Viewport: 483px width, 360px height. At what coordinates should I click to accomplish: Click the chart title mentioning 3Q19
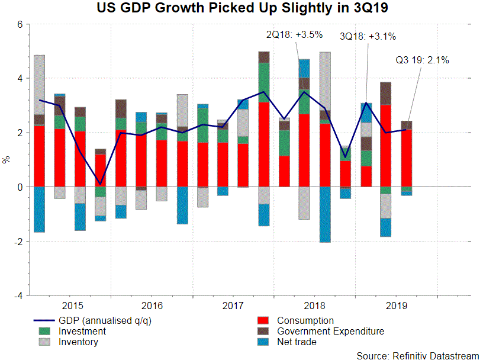pos(241,9)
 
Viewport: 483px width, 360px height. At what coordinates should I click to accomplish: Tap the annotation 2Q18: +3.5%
pos(295,34)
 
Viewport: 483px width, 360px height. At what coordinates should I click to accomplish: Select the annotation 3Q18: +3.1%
pos(367,37)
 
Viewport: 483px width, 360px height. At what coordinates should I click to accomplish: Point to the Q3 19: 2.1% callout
pos(422,60)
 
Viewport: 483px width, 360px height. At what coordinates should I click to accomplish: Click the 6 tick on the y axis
pos(20,24)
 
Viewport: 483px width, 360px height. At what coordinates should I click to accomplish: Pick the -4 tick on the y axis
pos(18,295)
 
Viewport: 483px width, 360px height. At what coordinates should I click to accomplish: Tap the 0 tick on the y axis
pos(20,187)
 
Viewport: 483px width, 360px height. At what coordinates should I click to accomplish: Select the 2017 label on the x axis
pos(234,306)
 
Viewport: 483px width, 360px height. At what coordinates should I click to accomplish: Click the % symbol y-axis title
pos(7,160)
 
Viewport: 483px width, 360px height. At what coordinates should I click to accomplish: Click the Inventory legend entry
pos(78,342)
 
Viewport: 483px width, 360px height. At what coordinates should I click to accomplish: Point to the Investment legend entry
pos(81,331)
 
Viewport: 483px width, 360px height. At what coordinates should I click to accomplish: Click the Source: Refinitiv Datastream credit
pos(418,355)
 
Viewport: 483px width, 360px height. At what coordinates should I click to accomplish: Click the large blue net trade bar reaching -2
pos(325,214)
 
